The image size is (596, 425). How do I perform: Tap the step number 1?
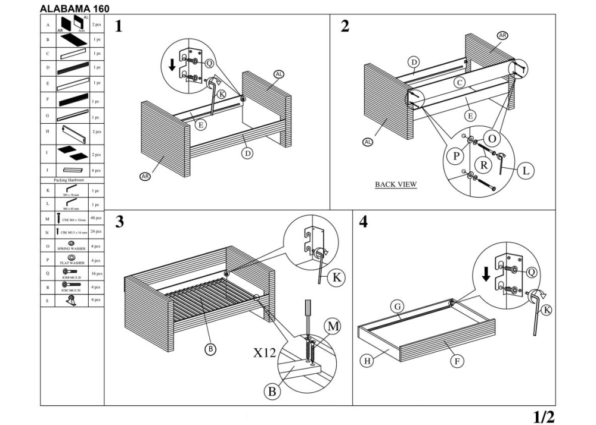pyautogui.click(x=119, y=27)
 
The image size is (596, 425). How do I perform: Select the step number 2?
pyautogui.click(x=345, y=26)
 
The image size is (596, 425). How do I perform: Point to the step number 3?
pyautogui.click(x=119, y=222)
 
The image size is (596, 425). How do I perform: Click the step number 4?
pyautogui.click(x=364, y=222)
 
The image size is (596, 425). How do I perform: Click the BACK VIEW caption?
pyautogui.click(x=396, y=185)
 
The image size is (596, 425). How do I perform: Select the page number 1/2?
pyautogui.click(x=542, y=416)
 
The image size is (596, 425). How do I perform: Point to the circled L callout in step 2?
pyautogui.click(x=525, y=171)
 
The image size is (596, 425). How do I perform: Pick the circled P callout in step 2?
pyautogui.click(x=456, y=156)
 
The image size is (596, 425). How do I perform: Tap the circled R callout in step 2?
pyautogui.click(x=482, y=164)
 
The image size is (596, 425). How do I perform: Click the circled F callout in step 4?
pyautogui.click(x=458, y=361)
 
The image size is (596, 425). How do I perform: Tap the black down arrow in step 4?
pyautogui.click(x=486, y=274)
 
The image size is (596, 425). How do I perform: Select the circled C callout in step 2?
pyautogui.click(x=459, y=83)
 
